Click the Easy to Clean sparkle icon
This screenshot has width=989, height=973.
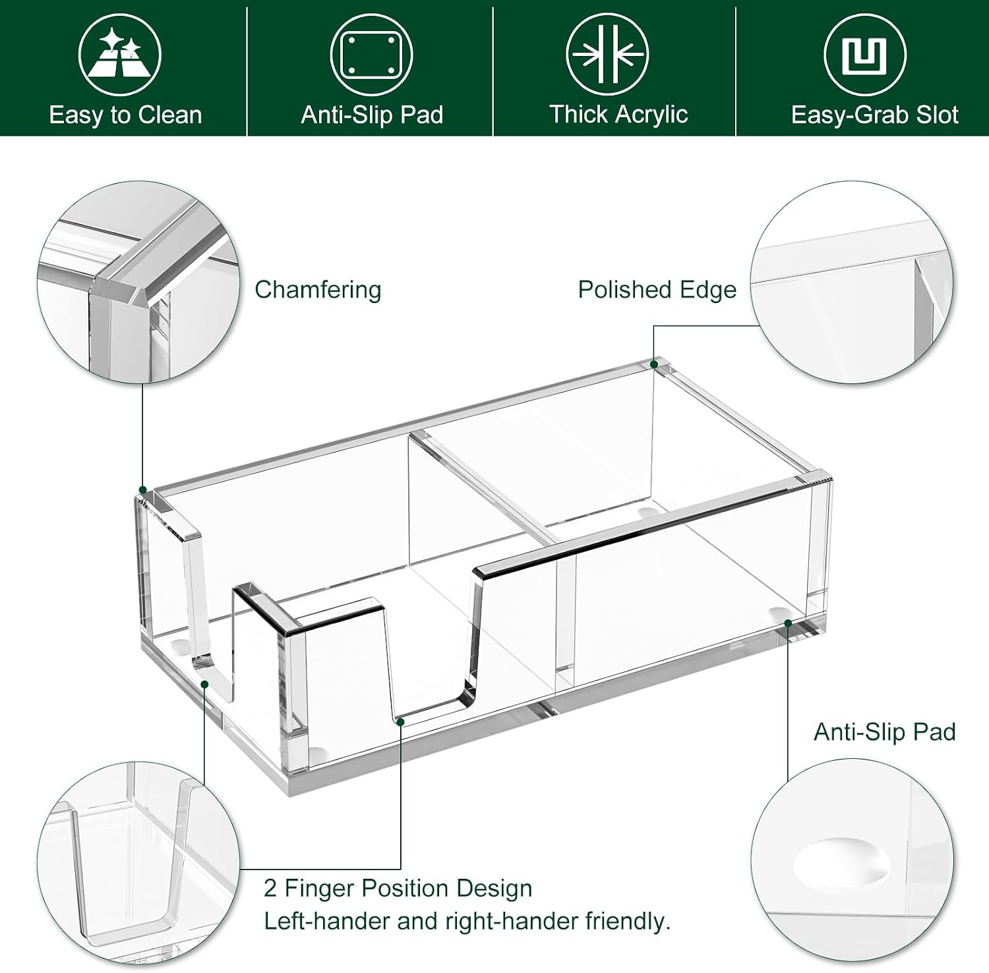click(119, 55)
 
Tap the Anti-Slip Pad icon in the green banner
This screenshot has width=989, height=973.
click(371, 55)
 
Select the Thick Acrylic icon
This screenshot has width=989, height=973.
click(607, 55)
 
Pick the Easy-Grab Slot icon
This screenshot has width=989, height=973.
click(865, 55)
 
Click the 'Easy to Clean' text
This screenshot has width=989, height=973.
click(125, 115)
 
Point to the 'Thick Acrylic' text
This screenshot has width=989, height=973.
click(618, 115)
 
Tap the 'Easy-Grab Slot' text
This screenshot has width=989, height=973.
click(874, 115)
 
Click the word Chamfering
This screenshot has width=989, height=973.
click(318, 290)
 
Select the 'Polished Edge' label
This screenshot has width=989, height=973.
click(657, 290)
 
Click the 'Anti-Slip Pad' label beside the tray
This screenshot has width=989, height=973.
click(884, 732)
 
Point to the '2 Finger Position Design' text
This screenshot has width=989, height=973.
click(398, 888)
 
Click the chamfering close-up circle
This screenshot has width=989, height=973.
click(138, 281)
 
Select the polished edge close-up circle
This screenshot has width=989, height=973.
click(853, 281)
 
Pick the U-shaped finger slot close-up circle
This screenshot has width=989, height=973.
click(138, 864)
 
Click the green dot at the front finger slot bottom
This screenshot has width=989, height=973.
click(400, 722)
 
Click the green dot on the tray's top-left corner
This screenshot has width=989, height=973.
click(142, 490)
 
